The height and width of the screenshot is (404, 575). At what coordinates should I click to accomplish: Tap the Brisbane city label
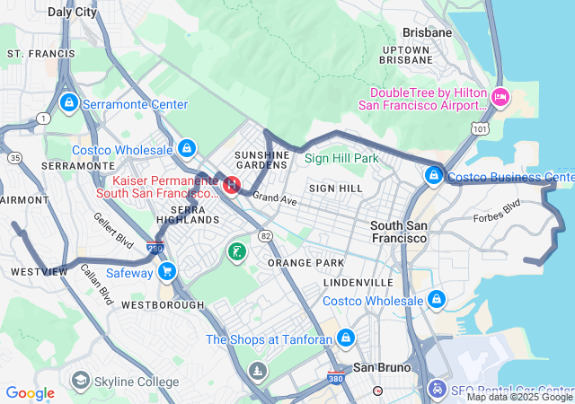[x=427, y=31]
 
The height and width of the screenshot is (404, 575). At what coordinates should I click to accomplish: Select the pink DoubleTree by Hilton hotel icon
[x=500, y=96]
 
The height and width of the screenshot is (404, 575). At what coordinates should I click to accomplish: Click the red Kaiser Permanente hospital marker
[x=231, y=185]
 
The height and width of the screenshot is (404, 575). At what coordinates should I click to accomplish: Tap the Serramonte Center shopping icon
[x=68, y=104]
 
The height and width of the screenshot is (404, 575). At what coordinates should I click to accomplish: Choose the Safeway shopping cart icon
[x=166, y=271]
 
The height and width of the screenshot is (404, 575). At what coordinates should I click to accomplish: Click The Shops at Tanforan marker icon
[x=346, y=338]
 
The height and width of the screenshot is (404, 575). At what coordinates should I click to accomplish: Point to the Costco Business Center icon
[x=435, y=176]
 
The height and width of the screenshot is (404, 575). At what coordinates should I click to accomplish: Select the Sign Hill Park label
[x=341, y=158]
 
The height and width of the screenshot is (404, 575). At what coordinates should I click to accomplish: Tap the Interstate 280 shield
[x=155, y=247]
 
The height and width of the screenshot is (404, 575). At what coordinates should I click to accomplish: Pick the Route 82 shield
[x=265, y=235]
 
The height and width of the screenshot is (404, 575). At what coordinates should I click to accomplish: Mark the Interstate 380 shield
[x=335, y=378]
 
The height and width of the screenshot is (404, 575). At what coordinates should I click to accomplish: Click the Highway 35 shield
[x=14, y=158]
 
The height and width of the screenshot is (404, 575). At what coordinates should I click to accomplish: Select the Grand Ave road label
[x=274, y=198]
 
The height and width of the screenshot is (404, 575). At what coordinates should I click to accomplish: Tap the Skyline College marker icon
[x=81, y=382]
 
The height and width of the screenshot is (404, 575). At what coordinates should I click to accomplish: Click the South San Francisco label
[x=399, y=233]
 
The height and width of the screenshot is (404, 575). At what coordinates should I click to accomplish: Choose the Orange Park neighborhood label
[x=305, y=263]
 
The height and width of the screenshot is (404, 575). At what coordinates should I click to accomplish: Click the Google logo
[x=30, y=393]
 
